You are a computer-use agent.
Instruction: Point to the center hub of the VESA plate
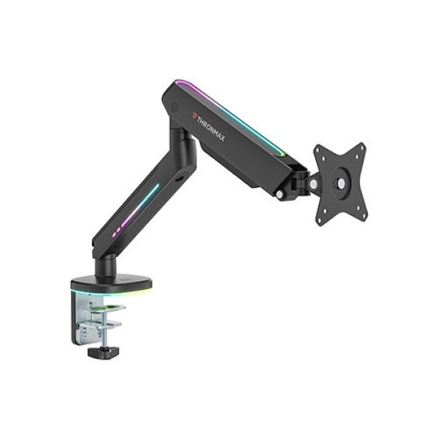(x=341, y=183)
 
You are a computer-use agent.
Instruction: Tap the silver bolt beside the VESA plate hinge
(x=313, y=185)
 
